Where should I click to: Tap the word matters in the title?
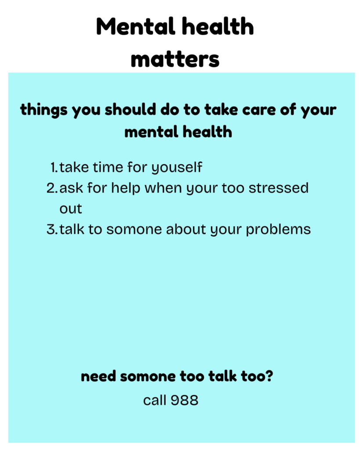[x=175, y=59]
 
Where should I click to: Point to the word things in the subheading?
[x=44, y=110]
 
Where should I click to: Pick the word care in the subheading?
[x=259, y=110]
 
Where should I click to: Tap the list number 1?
[x=54, y=167]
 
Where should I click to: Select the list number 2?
[x=52, y=188]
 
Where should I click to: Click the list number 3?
[x=52, y=229]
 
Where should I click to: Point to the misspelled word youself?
[x=177, y=167]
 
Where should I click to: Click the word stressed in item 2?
[x=279, y=188]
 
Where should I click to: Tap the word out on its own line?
[x=71, y=209]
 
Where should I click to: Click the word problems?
[x=278, y=230]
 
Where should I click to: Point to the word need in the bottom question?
[x=98, y=376]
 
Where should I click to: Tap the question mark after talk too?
[x=269, y=376]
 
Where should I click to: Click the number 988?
[x=184, y=400]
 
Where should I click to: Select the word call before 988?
[x=154, y=400]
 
